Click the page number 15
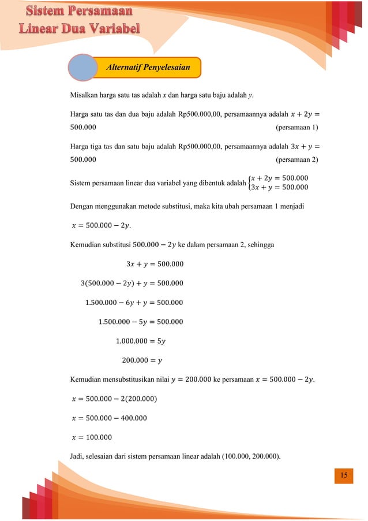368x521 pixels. (x=344, y=475)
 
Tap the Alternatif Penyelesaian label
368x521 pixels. (x=148, y=68)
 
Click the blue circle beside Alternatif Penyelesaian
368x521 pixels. (x=83, y=68)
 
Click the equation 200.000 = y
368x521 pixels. (x=142, y=361)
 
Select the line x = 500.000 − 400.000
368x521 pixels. (x=108, y=418)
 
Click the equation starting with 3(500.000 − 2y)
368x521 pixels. (x=133, y=283)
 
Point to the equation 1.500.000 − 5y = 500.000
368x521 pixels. (x=141, y=322)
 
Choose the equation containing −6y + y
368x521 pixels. (x=134, y=303)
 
